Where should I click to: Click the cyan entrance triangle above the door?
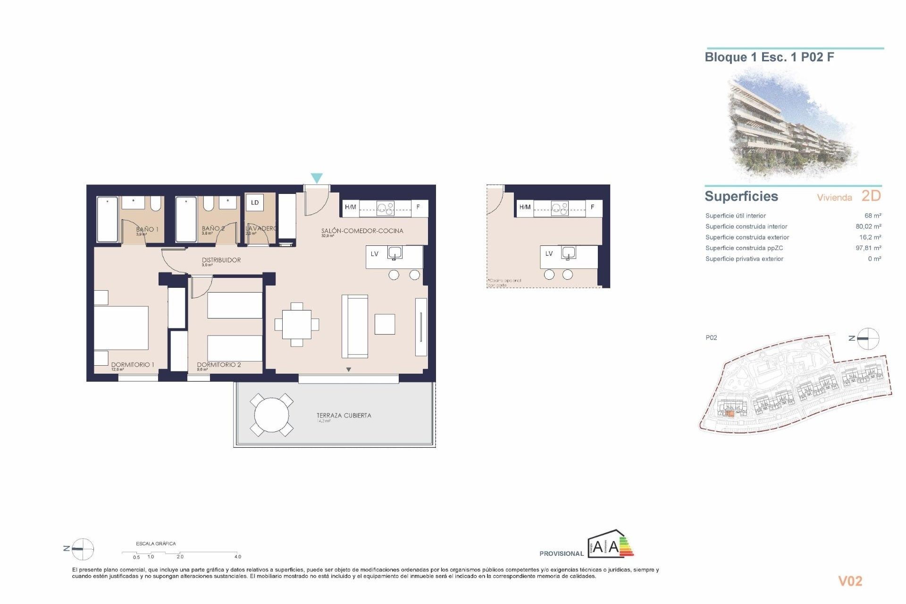pyautogui.click(x=317, y=178)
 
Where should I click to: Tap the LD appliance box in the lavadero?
pyautogui.click(x=255, y=203)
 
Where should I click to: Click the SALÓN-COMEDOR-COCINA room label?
pyautogui.click(x=362, y=231)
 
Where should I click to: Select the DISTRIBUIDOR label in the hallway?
pyautogui.click(x=221, y=260)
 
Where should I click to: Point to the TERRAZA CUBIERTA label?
pyautogui.click(x=344, y=415)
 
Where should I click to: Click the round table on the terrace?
pyautogui.click(x=271, y=415)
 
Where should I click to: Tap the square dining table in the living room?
pyautogui.click(x=297, y=324)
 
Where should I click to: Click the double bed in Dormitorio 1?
pyautogui.click(x=121, y=328)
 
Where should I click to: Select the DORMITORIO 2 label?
pyautogui.click(x=219, y=365)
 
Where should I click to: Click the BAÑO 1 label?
pyautogui.click(x=147, y=229)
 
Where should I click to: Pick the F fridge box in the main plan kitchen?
pyautogui.click(x=418, y=207)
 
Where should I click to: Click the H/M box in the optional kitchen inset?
pyautogui.click(x=525, y=207)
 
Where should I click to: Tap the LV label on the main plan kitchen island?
pyautogui.click(x=375, y=254)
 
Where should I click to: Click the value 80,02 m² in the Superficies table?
pyautogui.click(x=868, y=226)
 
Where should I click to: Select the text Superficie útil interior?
pyautogui.click(x=735, y=216)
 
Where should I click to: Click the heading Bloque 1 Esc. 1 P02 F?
pyautogui.click(x=769, y=58)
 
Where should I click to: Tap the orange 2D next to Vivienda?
pyautogui.click(x=871, y=196)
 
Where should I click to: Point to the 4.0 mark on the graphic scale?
pyautogui.click(x=238, y=557)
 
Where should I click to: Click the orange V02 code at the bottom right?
pyautogui.click(x=850, y=581)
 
